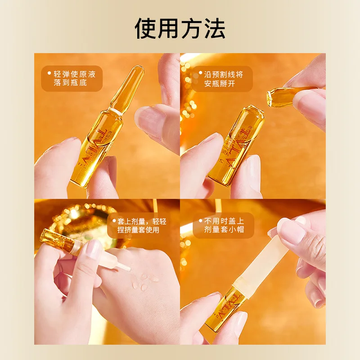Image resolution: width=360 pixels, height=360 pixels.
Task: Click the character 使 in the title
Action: [147, 28]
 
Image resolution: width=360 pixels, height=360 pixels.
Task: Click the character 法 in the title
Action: [214, 28]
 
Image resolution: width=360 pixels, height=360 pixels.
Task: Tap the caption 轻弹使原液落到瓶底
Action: [75, 79]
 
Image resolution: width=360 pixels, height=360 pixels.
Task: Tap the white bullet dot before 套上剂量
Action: [113, 220]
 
